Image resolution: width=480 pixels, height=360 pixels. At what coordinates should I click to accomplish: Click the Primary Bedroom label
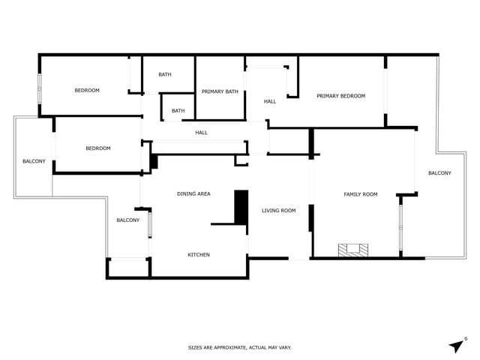coord(340,96)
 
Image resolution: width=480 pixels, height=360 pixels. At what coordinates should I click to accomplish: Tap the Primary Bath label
coord(220,91)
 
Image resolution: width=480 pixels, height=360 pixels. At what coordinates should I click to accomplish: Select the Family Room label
coord(360,194)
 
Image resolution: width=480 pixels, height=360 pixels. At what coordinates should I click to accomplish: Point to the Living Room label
coord(278,211)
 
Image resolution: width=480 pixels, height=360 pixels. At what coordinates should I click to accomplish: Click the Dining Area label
coord(193,194)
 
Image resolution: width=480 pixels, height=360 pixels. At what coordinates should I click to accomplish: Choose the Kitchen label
coord(198,255)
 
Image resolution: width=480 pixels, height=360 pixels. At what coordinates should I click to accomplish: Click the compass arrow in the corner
coord(457,345)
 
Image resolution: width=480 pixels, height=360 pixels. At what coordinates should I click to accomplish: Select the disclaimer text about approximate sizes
coord(239,347)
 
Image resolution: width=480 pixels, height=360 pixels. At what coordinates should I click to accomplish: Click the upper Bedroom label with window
coord(87,91)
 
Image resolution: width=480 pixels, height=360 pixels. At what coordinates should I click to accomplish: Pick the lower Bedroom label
coord(97,148)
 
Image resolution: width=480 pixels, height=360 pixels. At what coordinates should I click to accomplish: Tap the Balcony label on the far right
coord(439,173)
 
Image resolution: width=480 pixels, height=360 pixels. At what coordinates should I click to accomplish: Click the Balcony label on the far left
coord(34,161)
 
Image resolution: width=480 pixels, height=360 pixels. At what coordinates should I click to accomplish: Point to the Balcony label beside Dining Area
coord(127,220)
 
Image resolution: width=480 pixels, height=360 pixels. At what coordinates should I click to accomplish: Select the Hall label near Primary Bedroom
coord(270,101)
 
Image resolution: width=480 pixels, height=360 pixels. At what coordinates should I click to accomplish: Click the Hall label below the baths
coord(201,133)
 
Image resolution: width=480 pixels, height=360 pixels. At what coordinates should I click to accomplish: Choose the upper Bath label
coord(165,74)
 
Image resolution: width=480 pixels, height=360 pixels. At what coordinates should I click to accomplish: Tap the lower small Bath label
coord(178,111)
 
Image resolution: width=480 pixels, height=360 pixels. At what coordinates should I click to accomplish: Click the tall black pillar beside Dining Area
coord(241,206)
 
